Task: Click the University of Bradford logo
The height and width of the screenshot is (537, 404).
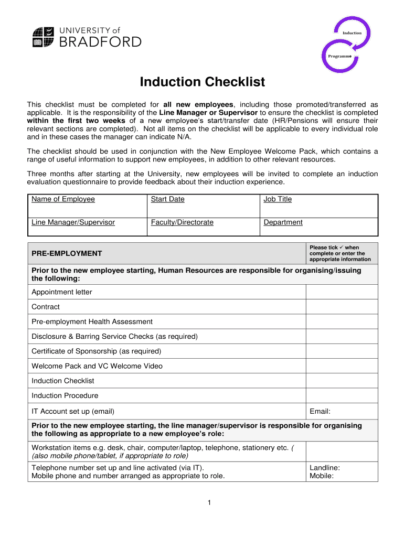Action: click(87, 36)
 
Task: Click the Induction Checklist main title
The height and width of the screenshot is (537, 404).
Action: click(202, 82)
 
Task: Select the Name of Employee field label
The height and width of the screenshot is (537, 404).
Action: click(63, 199)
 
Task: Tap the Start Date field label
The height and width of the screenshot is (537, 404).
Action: click(167, 199)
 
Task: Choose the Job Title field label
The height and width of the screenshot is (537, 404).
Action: click(278, 199)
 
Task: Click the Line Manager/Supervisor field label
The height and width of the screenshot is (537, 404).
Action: click(73, 222)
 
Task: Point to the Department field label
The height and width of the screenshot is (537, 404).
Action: click(283, 222)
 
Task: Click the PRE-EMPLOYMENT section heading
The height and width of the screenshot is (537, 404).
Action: click(67, 253)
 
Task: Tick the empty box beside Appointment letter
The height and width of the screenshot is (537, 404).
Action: click(341, 292)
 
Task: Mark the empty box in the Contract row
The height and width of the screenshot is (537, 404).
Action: click(341, 307)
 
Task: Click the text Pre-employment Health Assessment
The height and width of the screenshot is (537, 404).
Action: click(92, 321)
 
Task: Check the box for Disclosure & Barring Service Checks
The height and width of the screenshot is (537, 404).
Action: click(341, 336)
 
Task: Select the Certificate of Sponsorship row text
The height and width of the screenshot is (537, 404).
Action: click(96, 351)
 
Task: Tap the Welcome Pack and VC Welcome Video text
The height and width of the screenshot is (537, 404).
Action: click(97, 366)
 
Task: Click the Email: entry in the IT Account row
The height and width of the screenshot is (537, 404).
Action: click(320, 411)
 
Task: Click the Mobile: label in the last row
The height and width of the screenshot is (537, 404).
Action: click(322, 476)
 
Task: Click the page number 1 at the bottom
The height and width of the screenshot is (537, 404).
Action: click(209, 503)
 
